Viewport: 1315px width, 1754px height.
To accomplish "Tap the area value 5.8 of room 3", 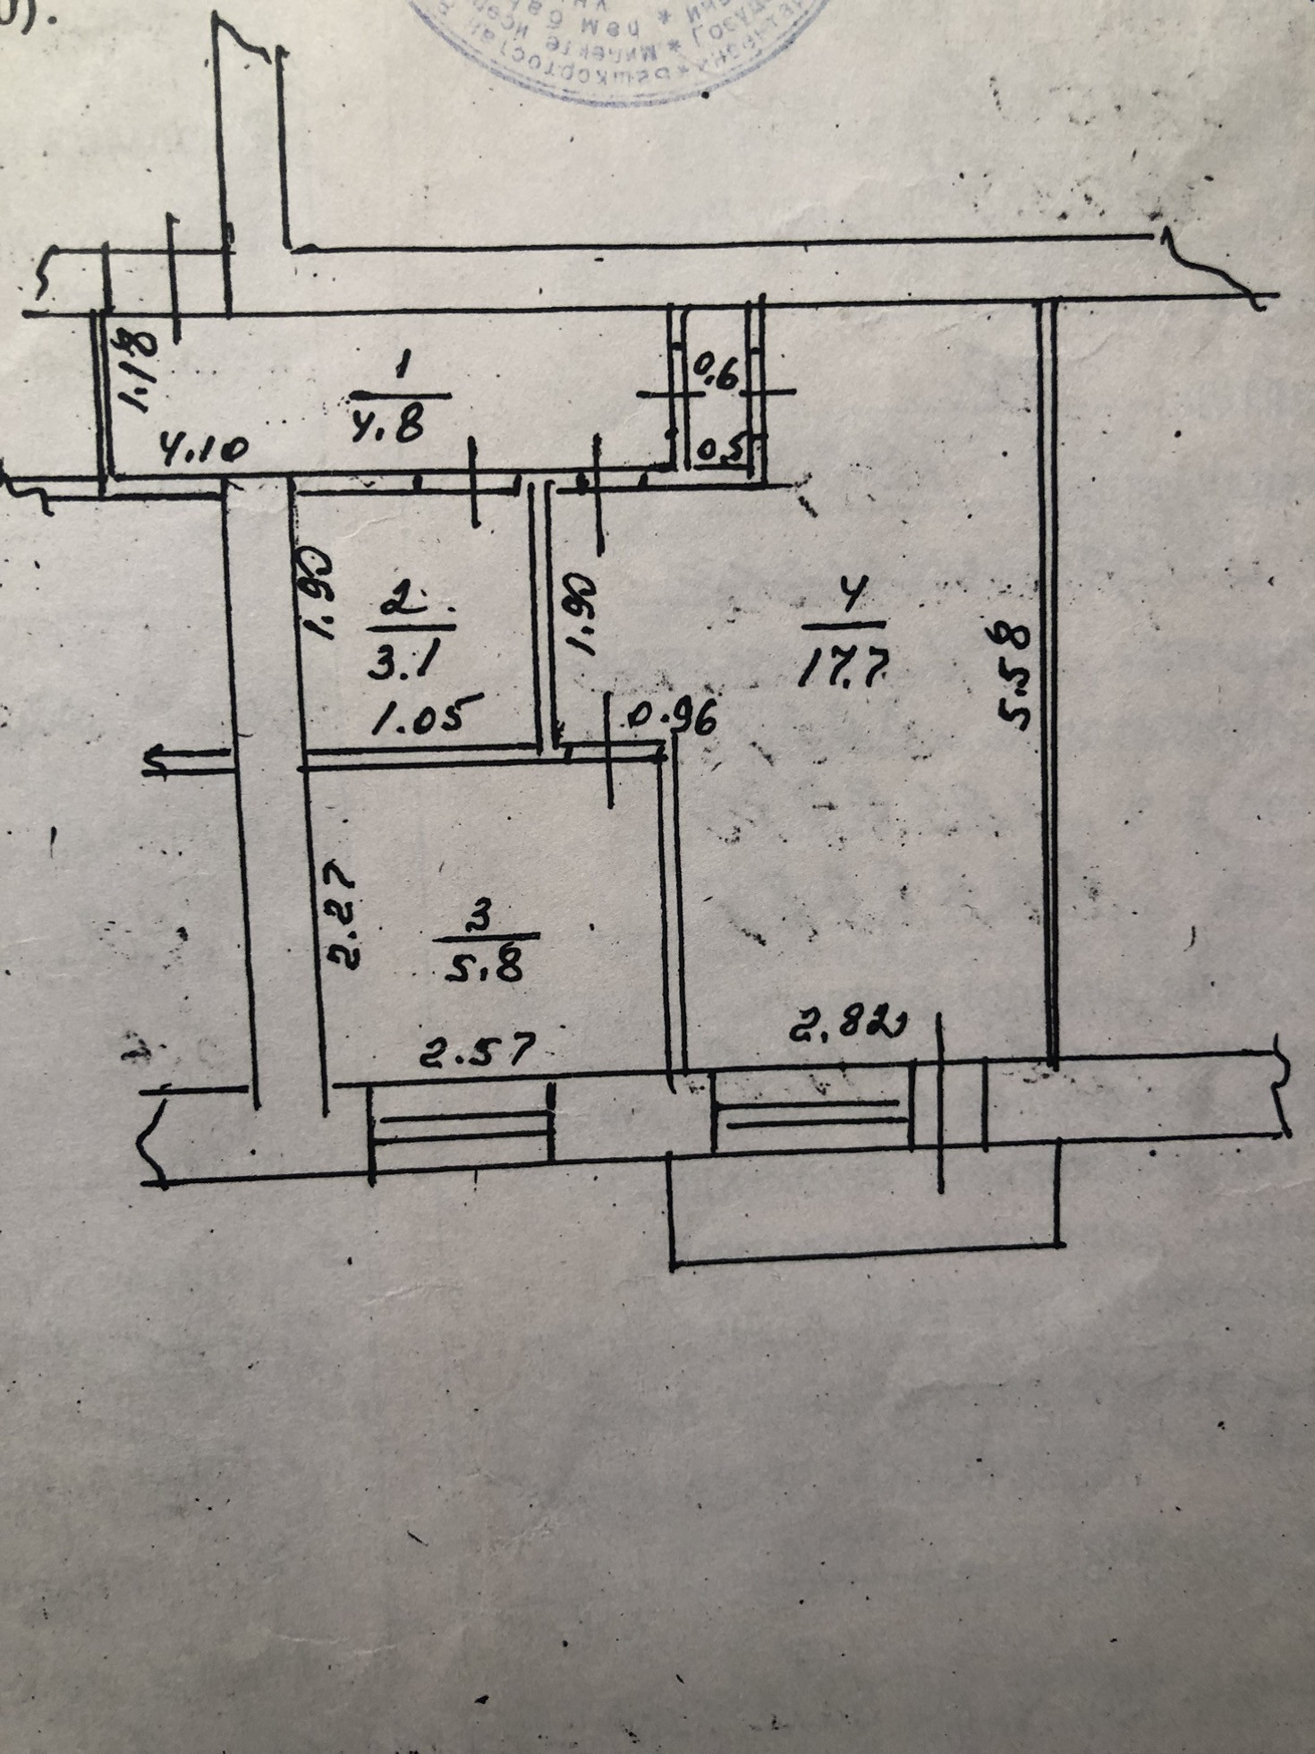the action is point(484,967).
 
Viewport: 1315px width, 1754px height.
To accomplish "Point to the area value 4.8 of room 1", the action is point(386,427).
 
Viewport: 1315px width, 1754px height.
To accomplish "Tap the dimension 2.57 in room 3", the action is point(478,1052).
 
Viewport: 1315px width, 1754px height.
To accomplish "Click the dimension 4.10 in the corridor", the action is point(203,447).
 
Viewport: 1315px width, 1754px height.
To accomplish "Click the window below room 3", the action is point(462,1127).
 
